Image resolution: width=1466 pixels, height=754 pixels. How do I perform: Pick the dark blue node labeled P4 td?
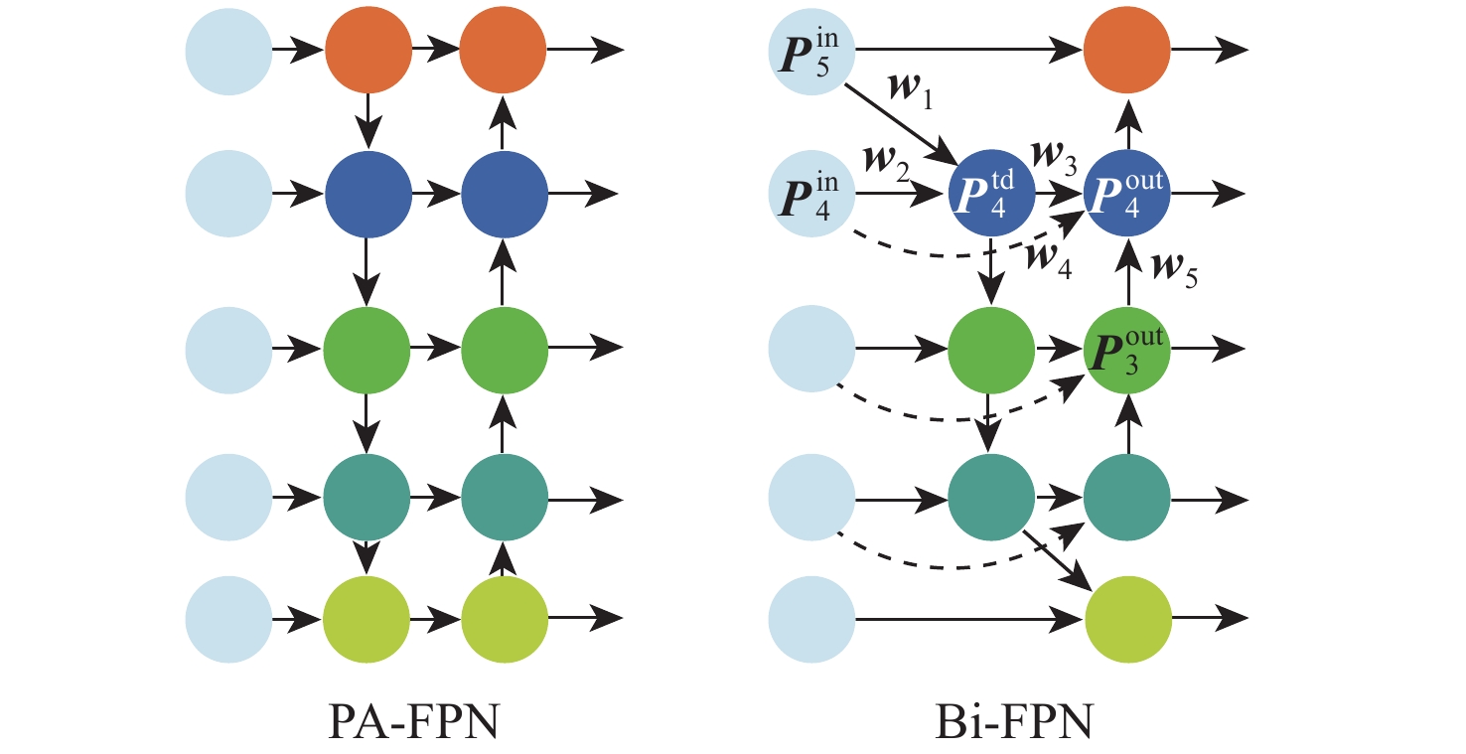991,190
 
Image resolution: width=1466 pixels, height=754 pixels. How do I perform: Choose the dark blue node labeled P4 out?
1127,190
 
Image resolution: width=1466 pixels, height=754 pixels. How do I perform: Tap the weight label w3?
1059,156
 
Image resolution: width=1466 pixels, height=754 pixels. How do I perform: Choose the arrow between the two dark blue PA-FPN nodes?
435,190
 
